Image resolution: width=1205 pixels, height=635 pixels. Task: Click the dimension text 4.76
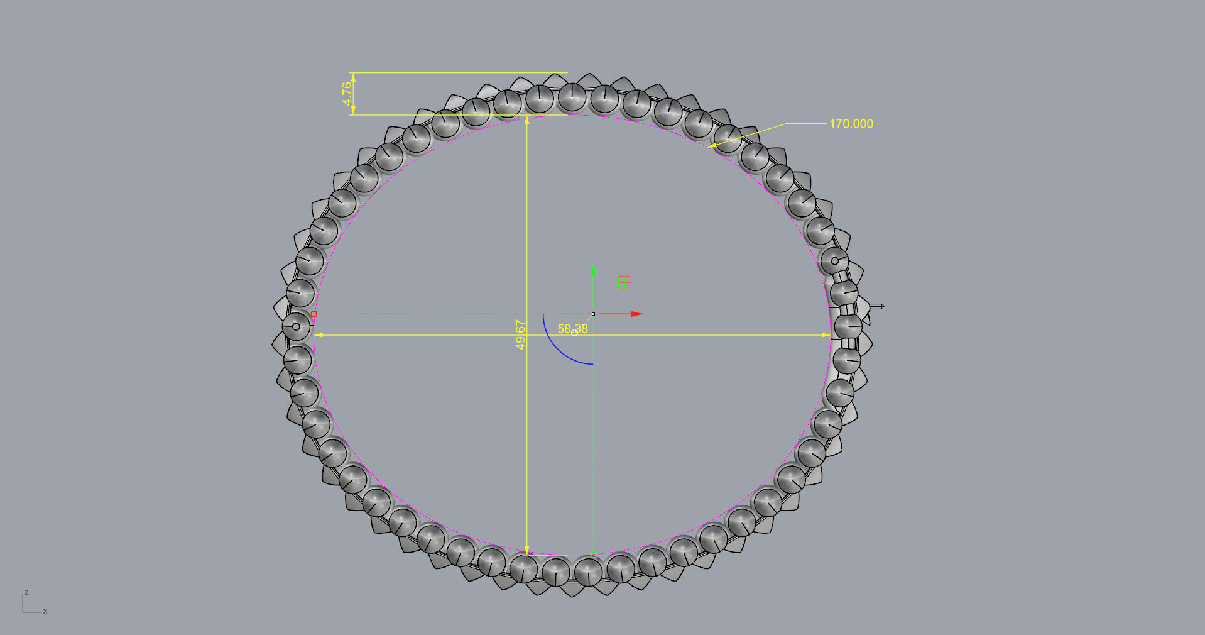tap(347, 94)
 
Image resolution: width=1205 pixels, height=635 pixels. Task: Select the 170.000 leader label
tap(851, 124)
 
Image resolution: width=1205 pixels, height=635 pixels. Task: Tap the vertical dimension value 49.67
tap(520, 334)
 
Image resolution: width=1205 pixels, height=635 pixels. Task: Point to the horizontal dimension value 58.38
tap(572, 329)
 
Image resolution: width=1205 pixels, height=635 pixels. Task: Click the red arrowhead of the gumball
tap(638, 314)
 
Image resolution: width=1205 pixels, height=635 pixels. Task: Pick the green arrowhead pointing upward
tap(593, 270)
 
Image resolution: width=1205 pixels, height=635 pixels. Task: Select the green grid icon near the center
tap(624, 282)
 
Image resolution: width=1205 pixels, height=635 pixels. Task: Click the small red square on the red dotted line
tap(314, 314)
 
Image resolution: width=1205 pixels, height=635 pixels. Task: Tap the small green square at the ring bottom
tap(593, 555)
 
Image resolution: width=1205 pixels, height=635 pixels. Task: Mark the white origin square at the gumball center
tap(593, 314)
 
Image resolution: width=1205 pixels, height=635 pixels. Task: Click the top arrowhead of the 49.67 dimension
tap(526, 119)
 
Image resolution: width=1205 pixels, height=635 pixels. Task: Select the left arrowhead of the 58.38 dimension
tap(318, 335)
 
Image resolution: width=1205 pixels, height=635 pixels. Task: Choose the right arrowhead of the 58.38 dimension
tap(827, 335)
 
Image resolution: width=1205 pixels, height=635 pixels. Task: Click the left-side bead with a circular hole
tap(296, 326)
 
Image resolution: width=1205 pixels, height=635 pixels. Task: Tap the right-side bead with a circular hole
tap(834, 260)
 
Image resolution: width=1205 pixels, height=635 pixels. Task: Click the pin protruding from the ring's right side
tap(878, 307)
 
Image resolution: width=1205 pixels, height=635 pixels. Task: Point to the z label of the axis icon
tap(26, 592)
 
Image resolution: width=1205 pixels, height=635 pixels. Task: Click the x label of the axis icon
tap(45, 611)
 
